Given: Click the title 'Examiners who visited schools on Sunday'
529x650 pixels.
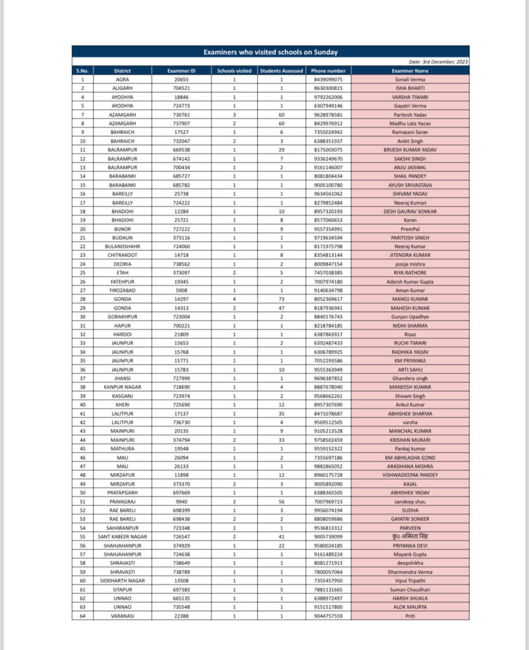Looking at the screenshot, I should tap(271, 52).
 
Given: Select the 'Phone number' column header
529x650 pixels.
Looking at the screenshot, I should tap(328, 71).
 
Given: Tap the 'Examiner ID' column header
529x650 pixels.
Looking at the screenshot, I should tap(181, 71).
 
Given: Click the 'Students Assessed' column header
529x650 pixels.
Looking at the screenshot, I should tap(281, 71).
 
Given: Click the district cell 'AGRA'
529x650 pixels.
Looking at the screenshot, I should tap(123, 79).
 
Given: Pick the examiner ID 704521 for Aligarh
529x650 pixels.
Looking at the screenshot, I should tap(181, 88).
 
